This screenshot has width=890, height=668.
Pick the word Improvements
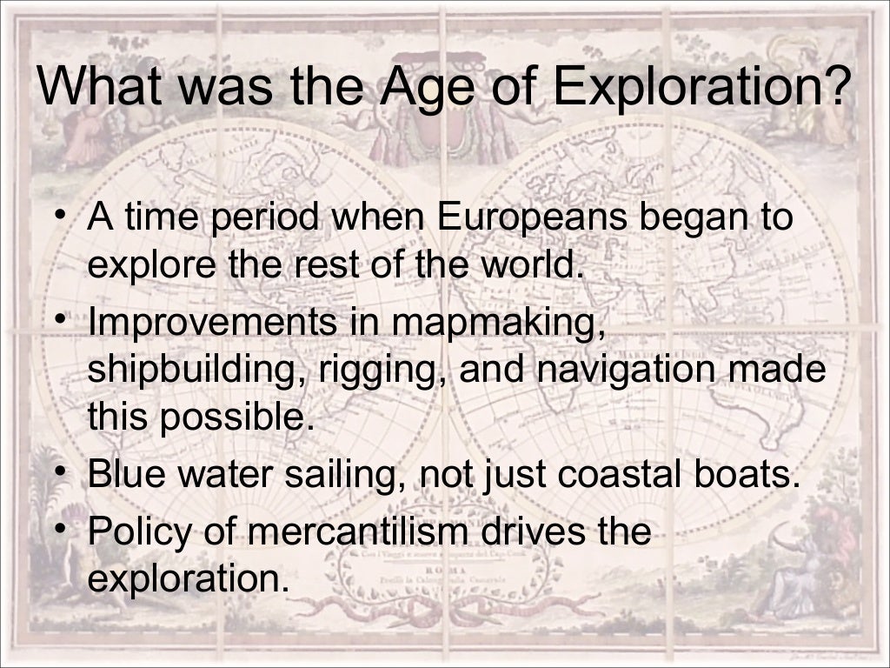click(212, 322)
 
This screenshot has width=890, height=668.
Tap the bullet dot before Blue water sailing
click(59, 472)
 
